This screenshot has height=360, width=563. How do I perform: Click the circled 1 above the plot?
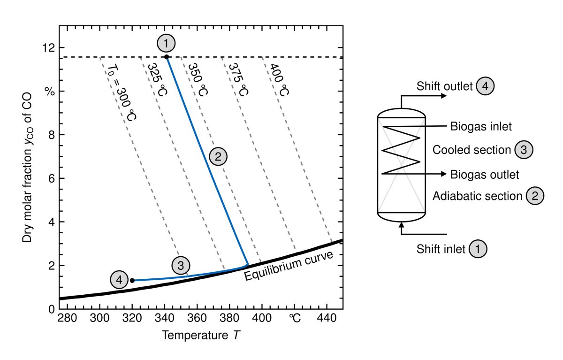167,44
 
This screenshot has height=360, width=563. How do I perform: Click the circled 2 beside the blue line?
218,156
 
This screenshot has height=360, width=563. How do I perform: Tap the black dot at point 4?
132,280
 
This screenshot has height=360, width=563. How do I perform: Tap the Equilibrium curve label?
289,266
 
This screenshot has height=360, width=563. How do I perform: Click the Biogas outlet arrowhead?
443,174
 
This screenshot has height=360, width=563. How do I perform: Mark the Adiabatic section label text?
477,196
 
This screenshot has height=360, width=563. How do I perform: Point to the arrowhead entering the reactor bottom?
402,226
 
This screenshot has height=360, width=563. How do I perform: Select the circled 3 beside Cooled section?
524,150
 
